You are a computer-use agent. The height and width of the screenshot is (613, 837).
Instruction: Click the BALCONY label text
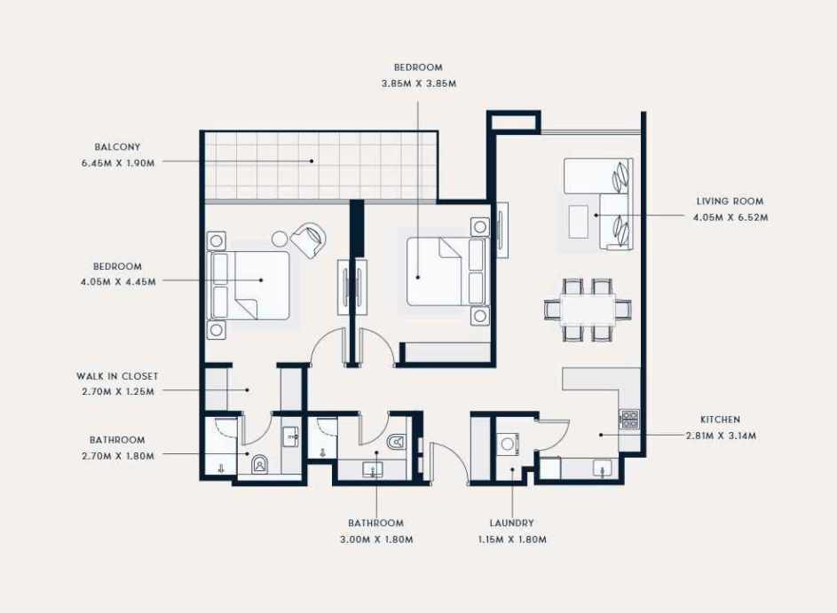(x=117, y=146)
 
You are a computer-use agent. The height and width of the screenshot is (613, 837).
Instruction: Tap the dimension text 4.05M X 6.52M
(x=730, y=217)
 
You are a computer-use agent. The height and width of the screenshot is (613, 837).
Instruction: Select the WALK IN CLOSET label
(x=117, y=376)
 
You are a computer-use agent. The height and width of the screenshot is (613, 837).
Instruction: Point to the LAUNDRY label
(x=511, y=523)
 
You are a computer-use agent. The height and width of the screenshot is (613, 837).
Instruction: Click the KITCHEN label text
(x=720, y=420)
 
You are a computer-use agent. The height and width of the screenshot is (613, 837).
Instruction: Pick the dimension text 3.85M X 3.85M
(x=419, y=83)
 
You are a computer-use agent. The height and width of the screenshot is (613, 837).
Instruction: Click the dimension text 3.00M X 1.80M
(x=376, y=539)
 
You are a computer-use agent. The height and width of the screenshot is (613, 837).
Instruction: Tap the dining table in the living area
(x=588, y=310)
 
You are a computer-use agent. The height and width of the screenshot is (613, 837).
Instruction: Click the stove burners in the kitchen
(x=629, y=419)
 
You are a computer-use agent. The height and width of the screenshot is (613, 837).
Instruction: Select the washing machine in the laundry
(x=509, y=444)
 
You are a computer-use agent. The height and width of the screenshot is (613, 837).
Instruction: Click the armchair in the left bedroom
(x=308, y=240)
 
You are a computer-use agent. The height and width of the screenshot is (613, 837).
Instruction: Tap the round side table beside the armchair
(x=280, y=238)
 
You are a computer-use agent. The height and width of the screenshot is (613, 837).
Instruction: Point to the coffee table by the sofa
(x=578, y=222)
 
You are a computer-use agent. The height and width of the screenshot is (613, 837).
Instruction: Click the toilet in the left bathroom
(x=259, y=465)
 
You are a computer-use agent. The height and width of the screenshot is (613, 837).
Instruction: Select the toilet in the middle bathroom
(x=396, y=441)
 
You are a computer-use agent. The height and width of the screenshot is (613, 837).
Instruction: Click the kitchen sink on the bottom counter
(x=603, y=469)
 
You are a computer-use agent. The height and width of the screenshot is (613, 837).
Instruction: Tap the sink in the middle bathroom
(x=373, y=469)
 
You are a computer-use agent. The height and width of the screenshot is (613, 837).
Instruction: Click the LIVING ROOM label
(x=730, y=201)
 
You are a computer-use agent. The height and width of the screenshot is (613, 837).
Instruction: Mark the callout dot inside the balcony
(x=312, y=161)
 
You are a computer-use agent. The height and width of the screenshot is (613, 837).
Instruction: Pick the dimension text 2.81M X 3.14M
(x=721, y=436)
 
